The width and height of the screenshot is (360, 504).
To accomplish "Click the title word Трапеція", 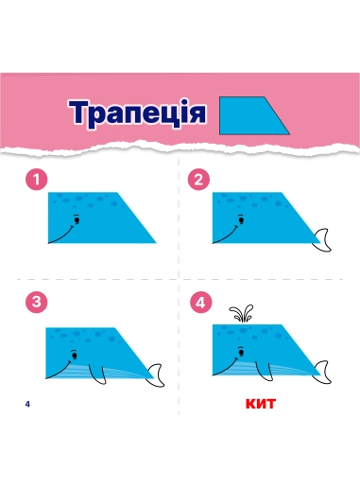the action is tap(137, 113).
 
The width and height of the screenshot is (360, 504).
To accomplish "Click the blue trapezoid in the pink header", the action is tap(250, 115).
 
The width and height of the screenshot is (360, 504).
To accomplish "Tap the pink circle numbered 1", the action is tap(37, 180).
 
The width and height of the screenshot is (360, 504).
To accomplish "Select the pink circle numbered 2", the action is tap(198, 180).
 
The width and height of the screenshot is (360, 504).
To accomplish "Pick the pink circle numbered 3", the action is tap(37, 303).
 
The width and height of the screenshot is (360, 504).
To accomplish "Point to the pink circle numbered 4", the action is tap(200, 303).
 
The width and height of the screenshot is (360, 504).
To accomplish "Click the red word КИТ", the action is tap(261, 404).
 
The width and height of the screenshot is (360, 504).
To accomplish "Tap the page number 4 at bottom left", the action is tap(27, 405).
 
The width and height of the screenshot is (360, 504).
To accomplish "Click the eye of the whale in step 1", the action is tap(77, 220).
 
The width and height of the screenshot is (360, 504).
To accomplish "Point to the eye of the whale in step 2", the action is tap(241, 220).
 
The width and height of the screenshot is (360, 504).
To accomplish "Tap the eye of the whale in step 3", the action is tap(75, 356).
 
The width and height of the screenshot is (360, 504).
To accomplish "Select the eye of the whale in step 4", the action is tap(241, 353).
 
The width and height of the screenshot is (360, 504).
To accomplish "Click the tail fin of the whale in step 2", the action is tap(322, 240).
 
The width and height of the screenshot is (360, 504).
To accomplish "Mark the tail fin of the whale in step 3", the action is tap(155, 375).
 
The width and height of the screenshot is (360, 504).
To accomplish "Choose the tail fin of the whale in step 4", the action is tap(322, 372).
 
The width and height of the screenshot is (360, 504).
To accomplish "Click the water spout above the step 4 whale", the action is tap(241, 313).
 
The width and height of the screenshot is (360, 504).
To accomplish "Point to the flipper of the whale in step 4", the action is tap(265, 373).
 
